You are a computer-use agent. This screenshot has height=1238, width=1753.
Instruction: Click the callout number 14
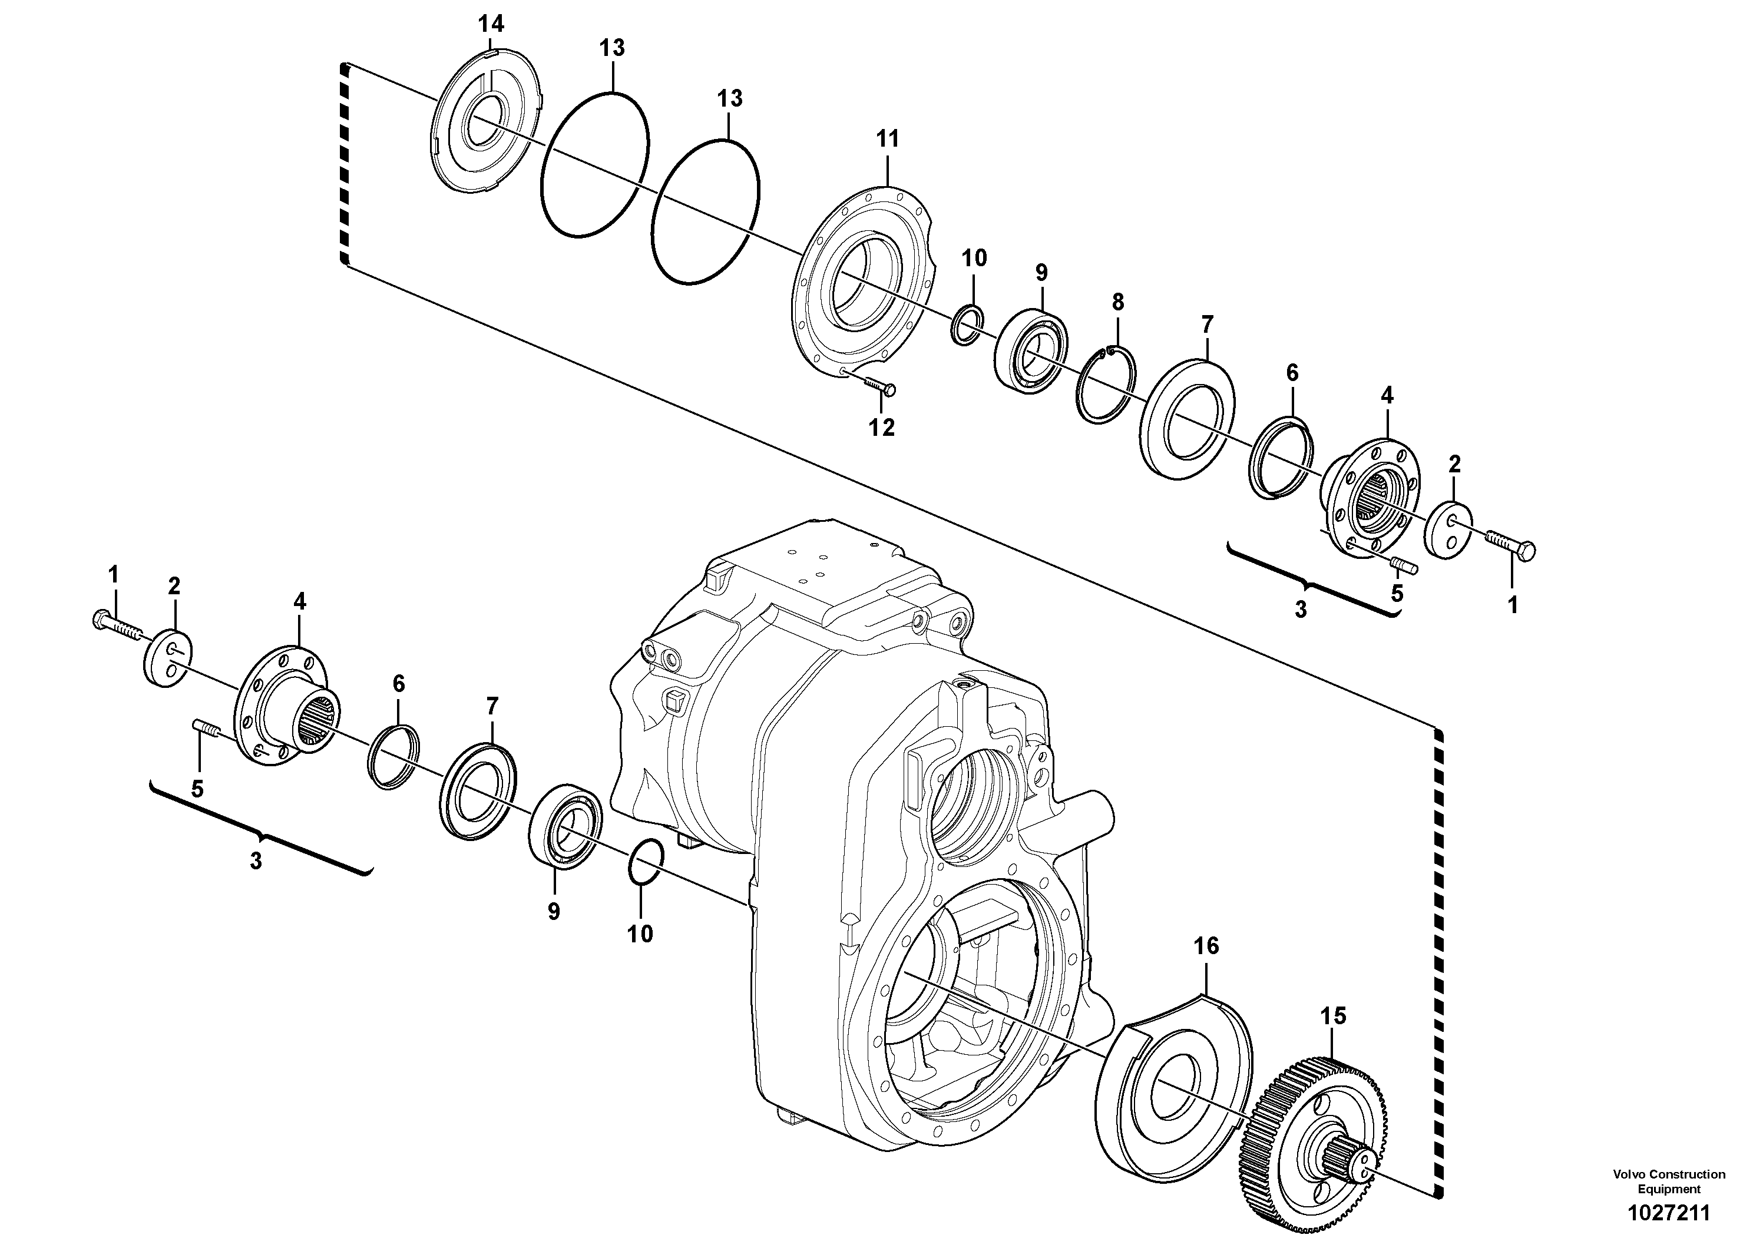tap(491, 24)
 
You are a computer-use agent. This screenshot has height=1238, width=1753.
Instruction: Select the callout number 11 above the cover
tap(888, 139)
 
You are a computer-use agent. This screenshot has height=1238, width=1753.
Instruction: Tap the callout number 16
tap(1206, 946)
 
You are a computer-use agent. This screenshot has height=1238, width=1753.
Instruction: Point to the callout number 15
tap(1333, 1016)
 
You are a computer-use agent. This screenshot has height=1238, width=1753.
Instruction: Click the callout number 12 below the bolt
tap(881, 428)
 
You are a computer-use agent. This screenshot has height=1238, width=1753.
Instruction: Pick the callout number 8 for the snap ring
tap(1118, 302)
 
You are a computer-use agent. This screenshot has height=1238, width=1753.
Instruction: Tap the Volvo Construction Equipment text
tap(1669, 1181)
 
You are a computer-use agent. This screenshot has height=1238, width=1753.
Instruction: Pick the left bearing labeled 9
tap(565, 825)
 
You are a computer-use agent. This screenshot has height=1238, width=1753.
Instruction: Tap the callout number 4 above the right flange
tap(1387, 395)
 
